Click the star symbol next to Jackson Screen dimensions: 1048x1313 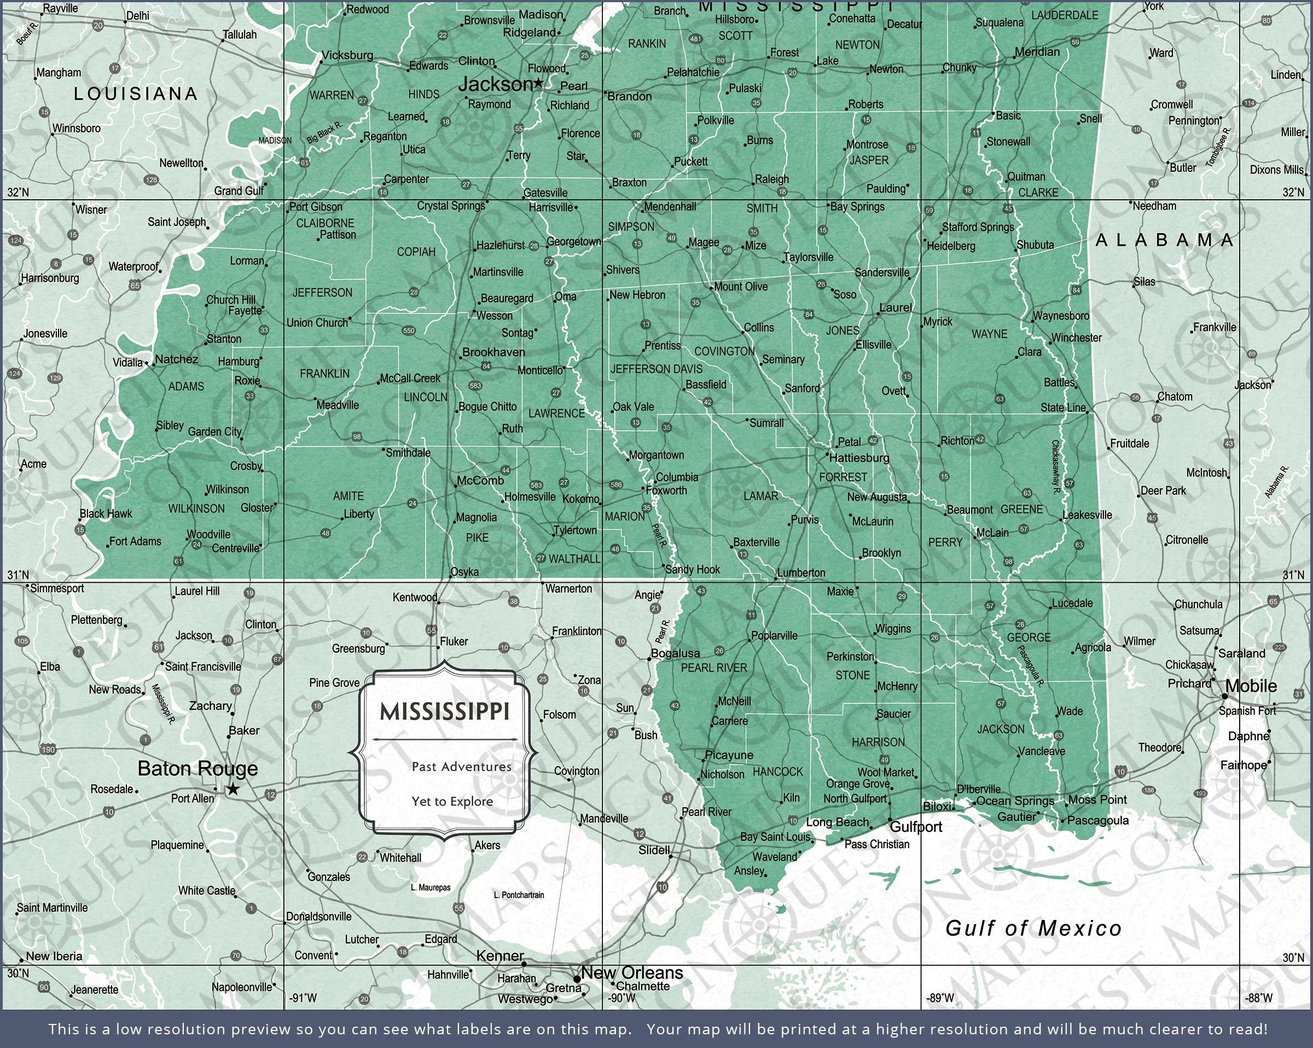pyautogui.click(x=538, y=83)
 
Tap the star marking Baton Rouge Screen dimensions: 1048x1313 pyautogui.click(x=233, y=790)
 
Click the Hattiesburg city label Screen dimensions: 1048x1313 pyautogui.click(x=859, y=458)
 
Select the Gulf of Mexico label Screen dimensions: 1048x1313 pyautogui.click(x=1033, y=928)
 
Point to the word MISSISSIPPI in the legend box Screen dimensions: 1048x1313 pyautogui.click(x=444, y=711)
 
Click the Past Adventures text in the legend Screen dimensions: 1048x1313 pyautogui.click(x=461, y=767)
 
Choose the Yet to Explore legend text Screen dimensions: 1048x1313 pyautogui.click(x=452, y=801)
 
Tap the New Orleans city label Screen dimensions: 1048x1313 pyautogui.click(x=632, y=972)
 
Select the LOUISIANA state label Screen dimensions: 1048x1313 pyautogui.click(x=136, y=94)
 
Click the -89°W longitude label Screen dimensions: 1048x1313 pyautogui.click(x=940, y=998)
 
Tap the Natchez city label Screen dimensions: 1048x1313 pyautogui.click(x=177, y=360)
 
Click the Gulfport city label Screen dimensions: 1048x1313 pyautogui.click(x=916, y=827)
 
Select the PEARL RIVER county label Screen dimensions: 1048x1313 pyautogui.click(x=714, y=668)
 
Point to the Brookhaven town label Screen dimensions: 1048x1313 pyautogui.click(x=493, y=352)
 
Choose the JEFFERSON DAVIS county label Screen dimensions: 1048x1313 pyautogui.click(x=656, y=369)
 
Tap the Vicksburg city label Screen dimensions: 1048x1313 pyautogui.click(x=347, y=55)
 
